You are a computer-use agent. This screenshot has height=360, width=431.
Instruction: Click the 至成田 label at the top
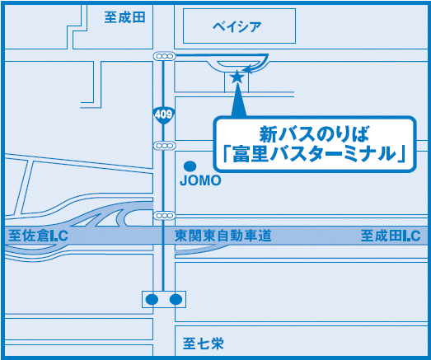pos(124,17)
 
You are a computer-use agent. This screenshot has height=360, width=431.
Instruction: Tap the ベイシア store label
pos(237,26)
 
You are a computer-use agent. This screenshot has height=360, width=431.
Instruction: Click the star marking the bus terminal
pos(237,77)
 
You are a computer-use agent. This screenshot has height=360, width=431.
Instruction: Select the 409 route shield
pos(163,115)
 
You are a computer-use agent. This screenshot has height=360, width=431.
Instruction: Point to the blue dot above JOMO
pos(190,166)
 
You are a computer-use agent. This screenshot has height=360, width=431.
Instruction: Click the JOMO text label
pos(200,180)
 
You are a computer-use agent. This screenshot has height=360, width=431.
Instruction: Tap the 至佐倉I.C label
pos(38,236)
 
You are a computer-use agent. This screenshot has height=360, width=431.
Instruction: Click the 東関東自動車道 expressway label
pos(223,236)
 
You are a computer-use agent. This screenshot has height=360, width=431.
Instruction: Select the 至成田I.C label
pos(391,236)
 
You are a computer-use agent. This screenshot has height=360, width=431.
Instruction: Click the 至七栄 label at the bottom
pos(203,344)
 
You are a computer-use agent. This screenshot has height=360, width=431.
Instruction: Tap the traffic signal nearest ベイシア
pos(164,56)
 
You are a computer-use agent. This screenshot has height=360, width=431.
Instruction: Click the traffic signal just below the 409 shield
pos(164,145)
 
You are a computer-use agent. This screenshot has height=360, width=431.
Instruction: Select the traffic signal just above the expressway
pos(164,216)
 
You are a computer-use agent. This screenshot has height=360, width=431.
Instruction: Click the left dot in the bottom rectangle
pos(152,299)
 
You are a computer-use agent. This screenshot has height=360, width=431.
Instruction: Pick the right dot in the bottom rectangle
pos(176,299)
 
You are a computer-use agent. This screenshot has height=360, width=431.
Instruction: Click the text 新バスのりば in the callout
pos(315,134)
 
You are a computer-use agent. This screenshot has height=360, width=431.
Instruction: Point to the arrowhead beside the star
pos(246,69)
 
